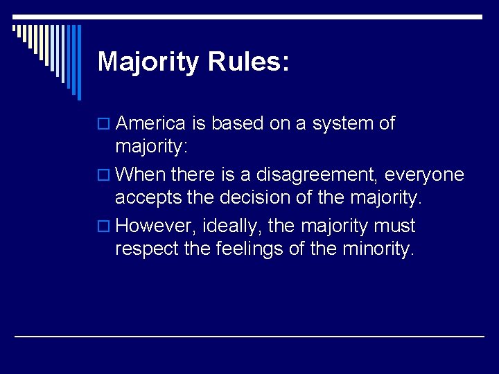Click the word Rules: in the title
tap(248, 62)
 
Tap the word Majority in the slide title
tap(148, 62)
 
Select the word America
tap(150, 123)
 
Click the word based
tap(235, 123)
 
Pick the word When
tap(138, 175)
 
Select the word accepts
tap(143, 198)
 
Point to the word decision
tap(256, 197)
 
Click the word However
tap(155, 226)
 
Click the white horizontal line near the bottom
tap(249, 336)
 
